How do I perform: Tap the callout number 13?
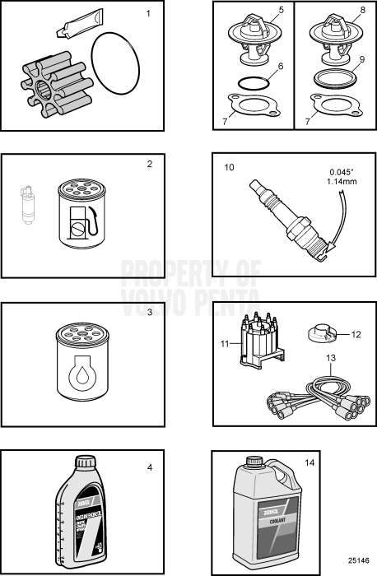pyautogui.click(x=332, y=358)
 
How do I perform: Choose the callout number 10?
pyautogui.click(x=229, y=167)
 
